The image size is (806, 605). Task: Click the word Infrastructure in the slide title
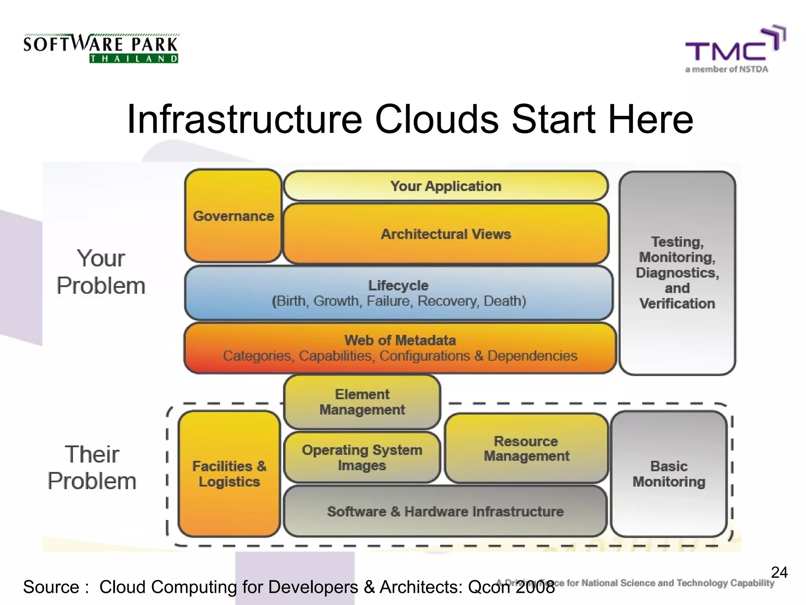(244, 119)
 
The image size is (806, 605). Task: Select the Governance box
(233, 216)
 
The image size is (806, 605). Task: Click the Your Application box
(446, 186)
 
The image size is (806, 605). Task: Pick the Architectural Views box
(446, 234)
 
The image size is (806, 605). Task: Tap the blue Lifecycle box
(399, 293)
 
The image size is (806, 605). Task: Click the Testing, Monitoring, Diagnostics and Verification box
(677, 273)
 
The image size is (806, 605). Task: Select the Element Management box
(362, 402)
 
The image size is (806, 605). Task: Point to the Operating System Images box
(362, 458)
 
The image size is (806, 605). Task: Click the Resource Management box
(526, 448)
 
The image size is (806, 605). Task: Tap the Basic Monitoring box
(669, 474)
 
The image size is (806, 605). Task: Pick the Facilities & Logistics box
(229, 474)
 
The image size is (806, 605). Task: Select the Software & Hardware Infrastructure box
(445, 511)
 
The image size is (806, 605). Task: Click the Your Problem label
(101, 272)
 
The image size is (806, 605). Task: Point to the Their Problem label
(92, 468)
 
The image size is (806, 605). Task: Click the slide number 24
(779, 572)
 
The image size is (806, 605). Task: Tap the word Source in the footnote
(51, 587)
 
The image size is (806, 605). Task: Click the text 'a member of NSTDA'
(727, 69)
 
